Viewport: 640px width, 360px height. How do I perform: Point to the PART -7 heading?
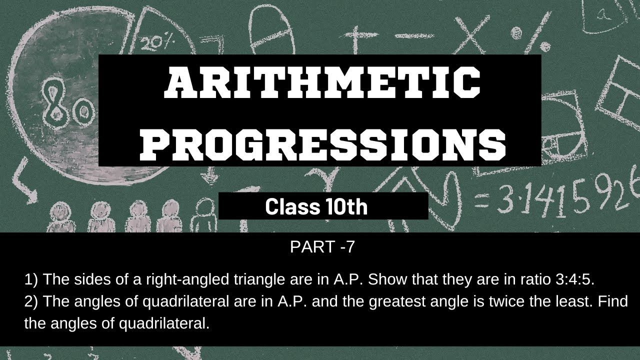point(322,247)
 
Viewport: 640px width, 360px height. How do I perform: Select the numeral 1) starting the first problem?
point(31,279)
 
